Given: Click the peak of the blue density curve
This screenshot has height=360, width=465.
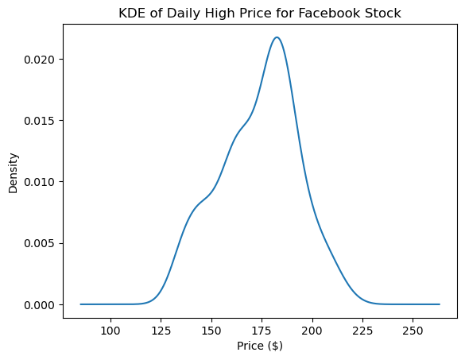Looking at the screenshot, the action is click(x=277, y=37).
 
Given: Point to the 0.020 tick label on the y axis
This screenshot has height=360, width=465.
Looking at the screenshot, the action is click(x=40, y=60).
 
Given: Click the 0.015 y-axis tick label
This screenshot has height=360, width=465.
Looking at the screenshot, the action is click(x=40, y=121).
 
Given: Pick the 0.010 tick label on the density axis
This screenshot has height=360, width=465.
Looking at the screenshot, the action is click(x=40, y=182).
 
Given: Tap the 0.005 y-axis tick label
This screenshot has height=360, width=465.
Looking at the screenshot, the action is click(x=40, y=244).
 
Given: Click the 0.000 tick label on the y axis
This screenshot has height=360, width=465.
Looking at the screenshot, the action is click(x=40, y=305).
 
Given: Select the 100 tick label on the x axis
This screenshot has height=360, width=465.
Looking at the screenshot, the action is click(x=110, y=331).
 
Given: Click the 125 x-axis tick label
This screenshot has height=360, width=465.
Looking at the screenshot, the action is click(x=161, y=331).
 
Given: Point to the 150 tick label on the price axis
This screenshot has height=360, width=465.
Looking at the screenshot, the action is click(x=211, y=331).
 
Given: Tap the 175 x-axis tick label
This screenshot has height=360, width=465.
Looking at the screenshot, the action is click(x=262, y=331).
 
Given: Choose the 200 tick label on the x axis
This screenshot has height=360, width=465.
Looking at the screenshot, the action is click(x=312, y=331).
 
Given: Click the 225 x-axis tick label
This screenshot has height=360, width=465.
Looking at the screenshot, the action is click(x=362, y=331).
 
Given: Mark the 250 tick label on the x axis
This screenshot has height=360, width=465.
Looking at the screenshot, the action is click(x=413, y=331).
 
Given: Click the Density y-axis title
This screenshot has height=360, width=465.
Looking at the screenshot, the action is click(x=14, y=173).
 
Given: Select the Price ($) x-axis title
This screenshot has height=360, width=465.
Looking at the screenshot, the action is click(x=260, y=346).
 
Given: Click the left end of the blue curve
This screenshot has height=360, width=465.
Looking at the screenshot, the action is click(x=80, y=304).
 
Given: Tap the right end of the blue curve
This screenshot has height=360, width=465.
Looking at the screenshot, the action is click(x=440, y=304).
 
